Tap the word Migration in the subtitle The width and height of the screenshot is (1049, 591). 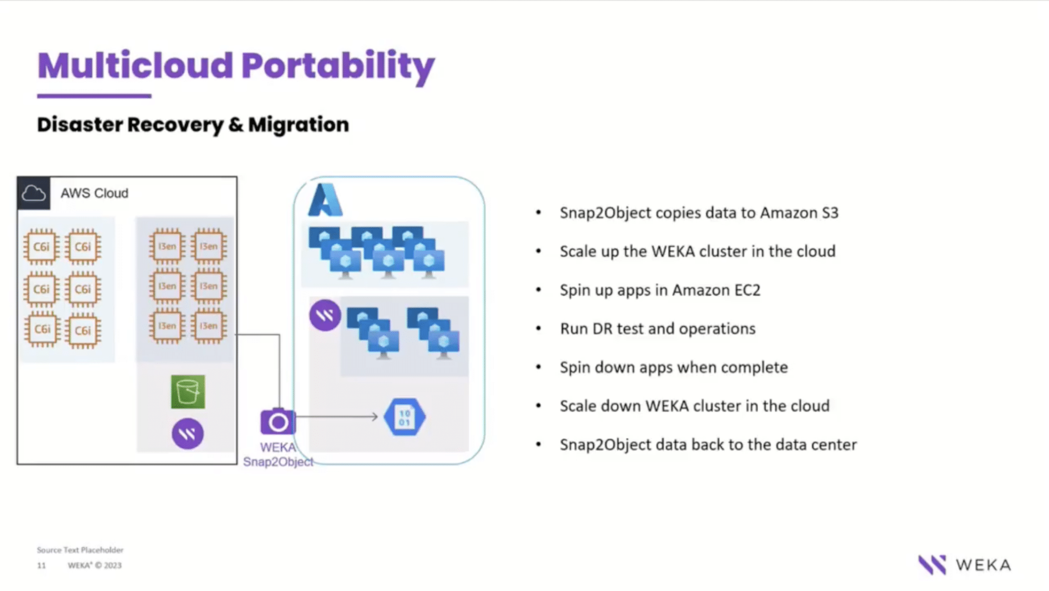[299, 124]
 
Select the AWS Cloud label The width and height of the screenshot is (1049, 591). [94, 193]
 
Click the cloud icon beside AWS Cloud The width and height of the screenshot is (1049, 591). [34, 193]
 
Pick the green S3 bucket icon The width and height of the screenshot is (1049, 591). [188, 392]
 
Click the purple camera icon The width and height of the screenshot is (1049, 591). [278, 422]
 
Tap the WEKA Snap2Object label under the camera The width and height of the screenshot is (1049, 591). [278, 455]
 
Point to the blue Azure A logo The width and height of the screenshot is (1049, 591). [325, 200]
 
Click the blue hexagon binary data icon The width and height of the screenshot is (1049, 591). [405, 417]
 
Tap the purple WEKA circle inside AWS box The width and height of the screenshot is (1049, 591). [187, 434]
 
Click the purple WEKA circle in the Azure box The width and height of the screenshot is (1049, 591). [325, 315]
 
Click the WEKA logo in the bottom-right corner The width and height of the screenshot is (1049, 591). [964, 565]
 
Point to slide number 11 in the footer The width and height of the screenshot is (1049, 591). [41, 565]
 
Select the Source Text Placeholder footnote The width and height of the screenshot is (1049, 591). [80, 550]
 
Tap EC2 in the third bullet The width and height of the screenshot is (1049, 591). [747, 290]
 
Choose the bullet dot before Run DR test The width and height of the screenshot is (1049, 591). [538, 328]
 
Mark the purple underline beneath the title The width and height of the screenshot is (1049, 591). [94, 96]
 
